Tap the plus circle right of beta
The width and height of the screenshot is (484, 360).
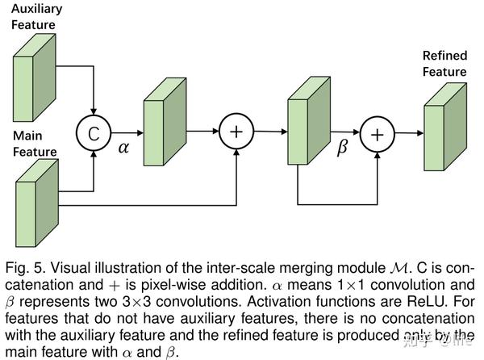(375, 135)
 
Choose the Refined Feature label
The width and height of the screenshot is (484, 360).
(444, 64)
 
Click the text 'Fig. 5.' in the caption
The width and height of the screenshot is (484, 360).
(22, 267)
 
